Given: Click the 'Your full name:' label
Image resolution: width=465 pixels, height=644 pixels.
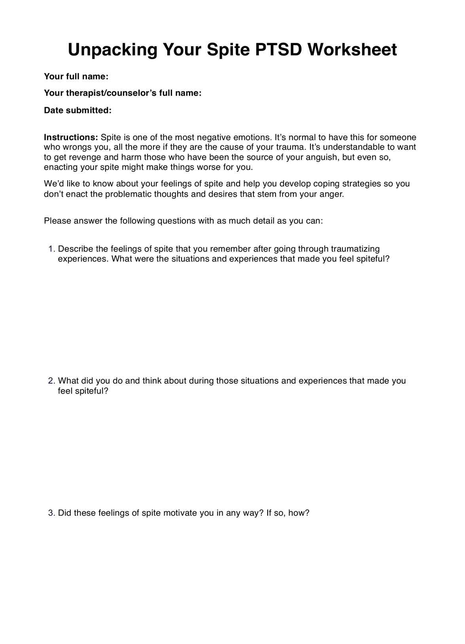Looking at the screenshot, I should coord(76,76).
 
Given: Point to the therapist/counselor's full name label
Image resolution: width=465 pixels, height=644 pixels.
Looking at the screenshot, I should coord(123,93).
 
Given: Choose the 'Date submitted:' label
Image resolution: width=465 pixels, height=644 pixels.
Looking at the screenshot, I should coord(77,110).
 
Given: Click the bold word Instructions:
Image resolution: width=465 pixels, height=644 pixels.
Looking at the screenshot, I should coord(71,137).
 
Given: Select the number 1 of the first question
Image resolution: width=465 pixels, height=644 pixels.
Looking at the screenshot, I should coord(51,249).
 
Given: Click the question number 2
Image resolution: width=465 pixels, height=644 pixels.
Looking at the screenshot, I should coord(51,381).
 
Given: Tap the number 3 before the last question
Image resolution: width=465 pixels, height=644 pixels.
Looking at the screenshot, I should coord(51,513).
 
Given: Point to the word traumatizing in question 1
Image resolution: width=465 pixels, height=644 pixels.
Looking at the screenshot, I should coord(355,249).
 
